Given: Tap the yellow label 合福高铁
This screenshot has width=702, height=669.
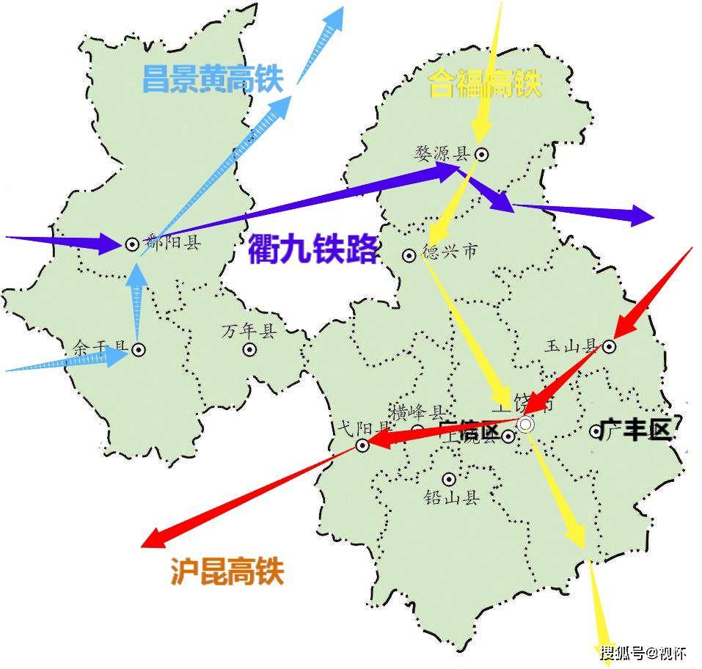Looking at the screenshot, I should [485, 84].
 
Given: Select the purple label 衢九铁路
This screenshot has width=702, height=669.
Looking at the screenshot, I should [312, 249].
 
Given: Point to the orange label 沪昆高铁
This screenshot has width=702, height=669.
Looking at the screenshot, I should [227, 571].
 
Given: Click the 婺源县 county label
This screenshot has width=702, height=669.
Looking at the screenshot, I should [442, 153].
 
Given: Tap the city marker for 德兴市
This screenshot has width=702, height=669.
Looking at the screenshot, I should [409, 255].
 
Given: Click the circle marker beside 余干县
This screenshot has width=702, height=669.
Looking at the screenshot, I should [138, 350].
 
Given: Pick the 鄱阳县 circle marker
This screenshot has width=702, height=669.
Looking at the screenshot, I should [132, 244].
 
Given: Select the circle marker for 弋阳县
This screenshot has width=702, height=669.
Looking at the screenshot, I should [362, 445].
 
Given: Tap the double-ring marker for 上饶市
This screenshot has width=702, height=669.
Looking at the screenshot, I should [525, 424].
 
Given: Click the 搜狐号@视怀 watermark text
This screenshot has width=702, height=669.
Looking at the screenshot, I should [643, 652].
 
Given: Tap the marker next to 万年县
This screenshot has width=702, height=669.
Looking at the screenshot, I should [250, 350].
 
